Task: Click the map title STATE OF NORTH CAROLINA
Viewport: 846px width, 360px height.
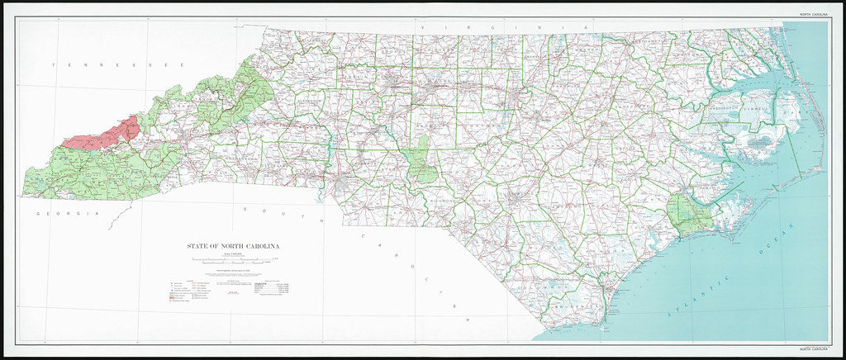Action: click(232, 246)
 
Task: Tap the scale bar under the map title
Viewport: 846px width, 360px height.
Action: click(232, 262)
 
